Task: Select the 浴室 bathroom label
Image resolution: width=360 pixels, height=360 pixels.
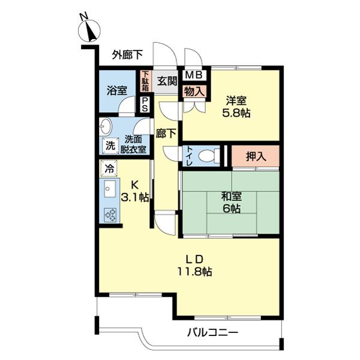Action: tap(116, 90)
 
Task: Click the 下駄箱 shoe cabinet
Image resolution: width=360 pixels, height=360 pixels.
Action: tap(145, 82)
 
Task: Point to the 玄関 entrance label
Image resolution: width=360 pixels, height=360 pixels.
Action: tap(166, 80)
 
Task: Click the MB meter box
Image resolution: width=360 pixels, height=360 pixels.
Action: tap(194, 75)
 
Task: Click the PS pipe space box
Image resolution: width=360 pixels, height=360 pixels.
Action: tap(145, 104)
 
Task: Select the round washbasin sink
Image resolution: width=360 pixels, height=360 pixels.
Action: tap(107, 127)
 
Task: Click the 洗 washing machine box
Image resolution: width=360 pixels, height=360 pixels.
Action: tap(109, 145)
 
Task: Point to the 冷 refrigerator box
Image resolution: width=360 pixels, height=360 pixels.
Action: tap(109, 169)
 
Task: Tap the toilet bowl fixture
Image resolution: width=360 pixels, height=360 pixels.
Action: tap(206, 155)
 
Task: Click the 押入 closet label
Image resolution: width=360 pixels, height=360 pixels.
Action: tap(255, 157)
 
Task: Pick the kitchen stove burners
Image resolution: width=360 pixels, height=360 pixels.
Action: tap(110, 214)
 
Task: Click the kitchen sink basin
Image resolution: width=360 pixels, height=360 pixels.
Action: tap(110, 191)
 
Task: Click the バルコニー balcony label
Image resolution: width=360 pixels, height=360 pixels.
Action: tap(212, 332)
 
